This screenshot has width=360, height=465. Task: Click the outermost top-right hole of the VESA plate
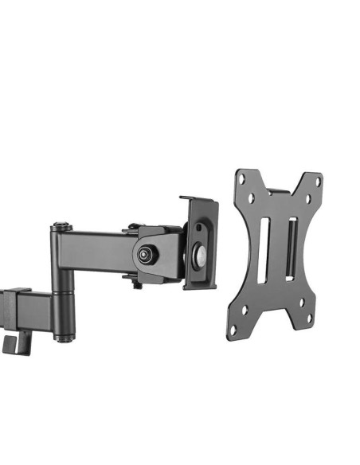pyautogui.click(x=318, y=182)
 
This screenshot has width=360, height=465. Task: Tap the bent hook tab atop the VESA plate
pyautogui.click(x=279, y=192)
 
